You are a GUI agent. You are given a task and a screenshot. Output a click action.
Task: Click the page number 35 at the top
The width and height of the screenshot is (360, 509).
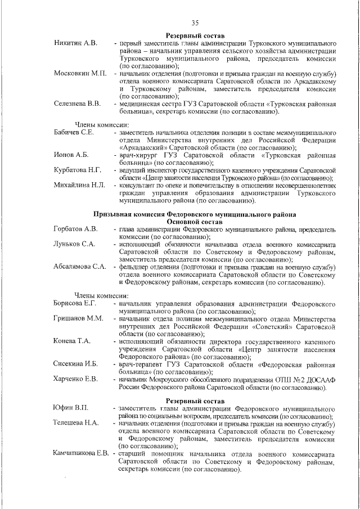click(195, 23)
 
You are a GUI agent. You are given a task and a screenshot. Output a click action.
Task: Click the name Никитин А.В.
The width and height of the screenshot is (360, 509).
click(75, 43)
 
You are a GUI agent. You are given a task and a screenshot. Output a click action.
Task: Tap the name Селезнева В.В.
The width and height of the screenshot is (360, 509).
click(78, 104)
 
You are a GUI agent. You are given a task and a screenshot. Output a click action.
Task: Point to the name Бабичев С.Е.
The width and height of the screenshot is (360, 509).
click(74, 132)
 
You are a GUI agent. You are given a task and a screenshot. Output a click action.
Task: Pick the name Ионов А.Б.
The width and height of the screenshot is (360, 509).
click(71, 155)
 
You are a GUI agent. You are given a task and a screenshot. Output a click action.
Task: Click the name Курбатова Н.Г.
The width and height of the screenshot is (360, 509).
click(78, 170)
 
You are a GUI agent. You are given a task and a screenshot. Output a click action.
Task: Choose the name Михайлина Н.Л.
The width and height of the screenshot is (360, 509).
click(79, 185)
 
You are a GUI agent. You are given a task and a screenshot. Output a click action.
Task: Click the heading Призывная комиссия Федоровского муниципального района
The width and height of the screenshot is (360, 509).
click(195, 214)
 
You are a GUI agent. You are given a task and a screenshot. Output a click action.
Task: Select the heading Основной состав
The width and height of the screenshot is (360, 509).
click(195, 222)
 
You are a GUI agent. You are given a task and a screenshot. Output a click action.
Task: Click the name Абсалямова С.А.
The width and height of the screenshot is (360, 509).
click(80, 267)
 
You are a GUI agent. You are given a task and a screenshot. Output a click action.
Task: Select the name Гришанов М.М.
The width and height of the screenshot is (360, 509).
click(78, 319)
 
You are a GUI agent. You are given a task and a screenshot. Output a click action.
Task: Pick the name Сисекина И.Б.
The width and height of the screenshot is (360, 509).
click(76, 364)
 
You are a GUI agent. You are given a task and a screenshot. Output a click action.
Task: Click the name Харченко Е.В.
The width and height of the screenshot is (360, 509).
click(76, 379)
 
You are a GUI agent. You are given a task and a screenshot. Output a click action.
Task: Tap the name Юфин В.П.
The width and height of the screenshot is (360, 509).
click(70, 408)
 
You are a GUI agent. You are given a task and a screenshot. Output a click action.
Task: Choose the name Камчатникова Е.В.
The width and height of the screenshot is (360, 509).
click(81, 453)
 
